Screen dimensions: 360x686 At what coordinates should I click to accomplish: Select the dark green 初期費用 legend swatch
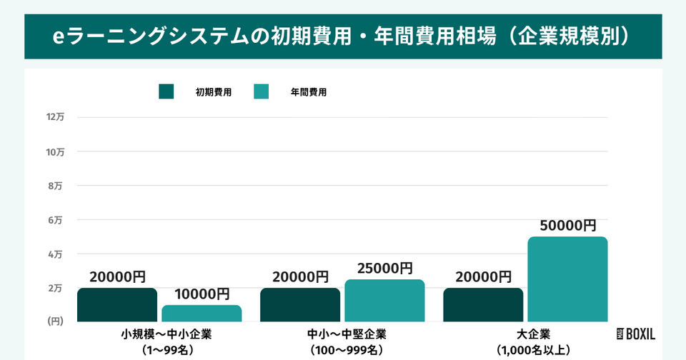(x=166, y=91)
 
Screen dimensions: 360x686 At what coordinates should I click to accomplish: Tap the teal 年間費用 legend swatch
(x=262, y=91)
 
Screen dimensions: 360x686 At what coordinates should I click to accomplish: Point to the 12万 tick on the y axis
(x=55, y=117)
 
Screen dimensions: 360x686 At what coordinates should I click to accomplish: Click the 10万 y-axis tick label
(x=55, y=151)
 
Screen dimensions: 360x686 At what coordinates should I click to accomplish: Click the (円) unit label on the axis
(x=56, y=322)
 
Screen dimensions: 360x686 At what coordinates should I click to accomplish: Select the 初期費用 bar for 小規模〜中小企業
(x=117, y=305)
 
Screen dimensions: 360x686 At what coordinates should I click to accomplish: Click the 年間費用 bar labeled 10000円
(x=202, y=314)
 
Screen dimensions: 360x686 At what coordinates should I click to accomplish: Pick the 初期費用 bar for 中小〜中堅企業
(x=300, y=305)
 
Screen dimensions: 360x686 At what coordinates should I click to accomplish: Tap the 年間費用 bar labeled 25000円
(x=384, y=301)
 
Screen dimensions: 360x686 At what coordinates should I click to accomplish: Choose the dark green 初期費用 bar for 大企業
(x=483, y=305)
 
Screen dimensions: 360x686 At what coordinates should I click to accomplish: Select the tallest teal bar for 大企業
(x=567, y=279)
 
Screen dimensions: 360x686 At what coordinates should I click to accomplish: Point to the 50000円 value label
(x=567, y=226)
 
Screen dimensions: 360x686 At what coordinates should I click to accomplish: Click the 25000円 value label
(x=384, y=269)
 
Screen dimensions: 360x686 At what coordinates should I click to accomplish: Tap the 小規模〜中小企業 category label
(x=166, y=334)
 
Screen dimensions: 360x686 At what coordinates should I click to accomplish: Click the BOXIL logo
(x=635, y=334)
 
